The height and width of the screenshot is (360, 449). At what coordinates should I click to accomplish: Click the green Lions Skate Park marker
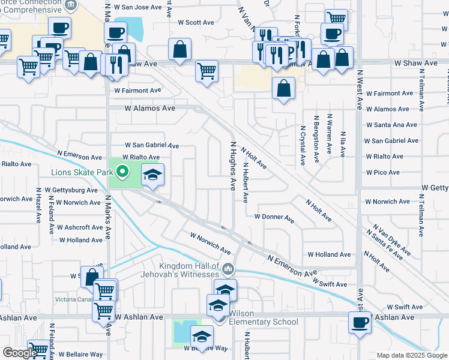122,173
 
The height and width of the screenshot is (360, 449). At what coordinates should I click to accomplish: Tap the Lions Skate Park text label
82,173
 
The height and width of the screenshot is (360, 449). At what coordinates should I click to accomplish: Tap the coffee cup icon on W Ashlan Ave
360,322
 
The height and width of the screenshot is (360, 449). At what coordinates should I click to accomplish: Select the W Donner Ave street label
274,217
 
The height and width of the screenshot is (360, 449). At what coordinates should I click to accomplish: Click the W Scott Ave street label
196,22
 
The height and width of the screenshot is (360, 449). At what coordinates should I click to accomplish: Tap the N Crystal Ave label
301,146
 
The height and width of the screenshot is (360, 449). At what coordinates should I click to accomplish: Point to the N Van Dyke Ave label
391,239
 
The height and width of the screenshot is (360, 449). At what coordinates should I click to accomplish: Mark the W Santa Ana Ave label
391,125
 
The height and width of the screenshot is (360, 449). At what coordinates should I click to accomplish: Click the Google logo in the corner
19,353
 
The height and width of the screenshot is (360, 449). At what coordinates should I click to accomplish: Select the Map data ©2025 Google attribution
411,355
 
